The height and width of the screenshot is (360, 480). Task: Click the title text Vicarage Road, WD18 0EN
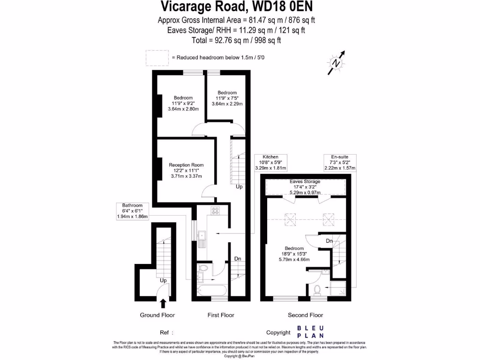tap(237, 7)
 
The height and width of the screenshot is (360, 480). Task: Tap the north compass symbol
tap(336, 62)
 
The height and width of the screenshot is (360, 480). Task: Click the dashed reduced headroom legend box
tap(157, 58)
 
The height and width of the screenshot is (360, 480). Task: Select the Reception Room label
tap(186, 165)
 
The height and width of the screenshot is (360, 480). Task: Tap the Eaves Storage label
tap(305, 181)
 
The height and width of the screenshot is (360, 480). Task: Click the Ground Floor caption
tap(156, 315)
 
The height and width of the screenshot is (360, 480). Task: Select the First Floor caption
tap(221, 315)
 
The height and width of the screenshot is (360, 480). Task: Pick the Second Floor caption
tap(305, 315)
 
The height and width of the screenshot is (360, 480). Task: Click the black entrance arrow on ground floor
tap(163, 304)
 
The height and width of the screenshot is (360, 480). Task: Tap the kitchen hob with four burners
tap(216, 211)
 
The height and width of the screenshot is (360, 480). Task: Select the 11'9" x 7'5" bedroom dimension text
tap(226, 98)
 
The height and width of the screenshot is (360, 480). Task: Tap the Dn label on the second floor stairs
tap(330, 241)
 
